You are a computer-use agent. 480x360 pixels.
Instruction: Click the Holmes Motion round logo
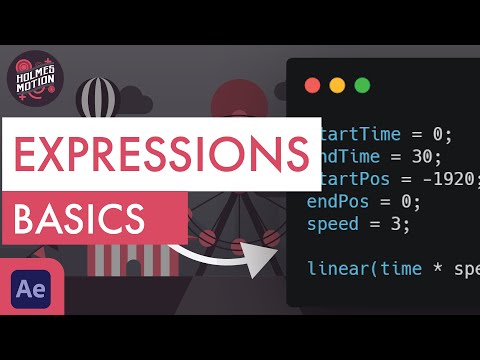pos(35,77)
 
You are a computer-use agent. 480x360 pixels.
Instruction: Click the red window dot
pos(311,85)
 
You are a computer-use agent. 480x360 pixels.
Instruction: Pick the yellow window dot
pos(337,85)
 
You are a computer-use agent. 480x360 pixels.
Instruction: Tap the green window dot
pos(362,85)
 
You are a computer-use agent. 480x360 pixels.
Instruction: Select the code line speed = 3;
pos(358,224)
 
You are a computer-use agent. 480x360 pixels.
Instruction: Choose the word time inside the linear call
pos(404,269)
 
